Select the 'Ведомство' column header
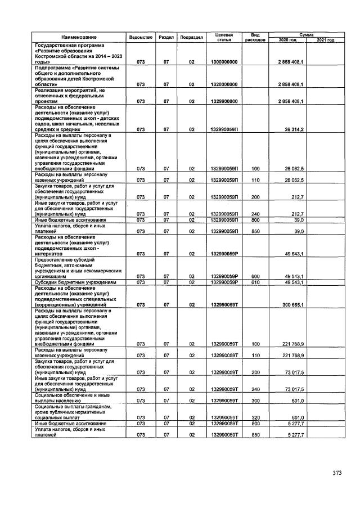(x=141, y=37)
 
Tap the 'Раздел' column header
(x=166, y=37)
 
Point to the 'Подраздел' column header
(x=191, y=37)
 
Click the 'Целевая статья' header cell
(x=224, y=37)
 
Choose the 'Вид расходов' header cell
(x=255, y=37)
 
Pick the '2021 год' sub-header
(x=326, y=40)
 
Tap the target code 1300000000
(x=224, y=61)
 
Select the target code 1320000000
(x=224, y=84)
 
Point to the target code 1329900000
(x=224, y=101)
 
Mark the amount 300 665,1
(x=292, y=304)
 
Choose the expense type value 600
(x=255, y=276)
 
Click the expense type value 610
(x=255, y=282)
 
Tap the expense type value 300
(x=255, y=400)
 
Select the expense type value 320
(x=255, y=417)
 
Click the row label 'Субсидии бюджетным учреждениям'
(x=75, y=282)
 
